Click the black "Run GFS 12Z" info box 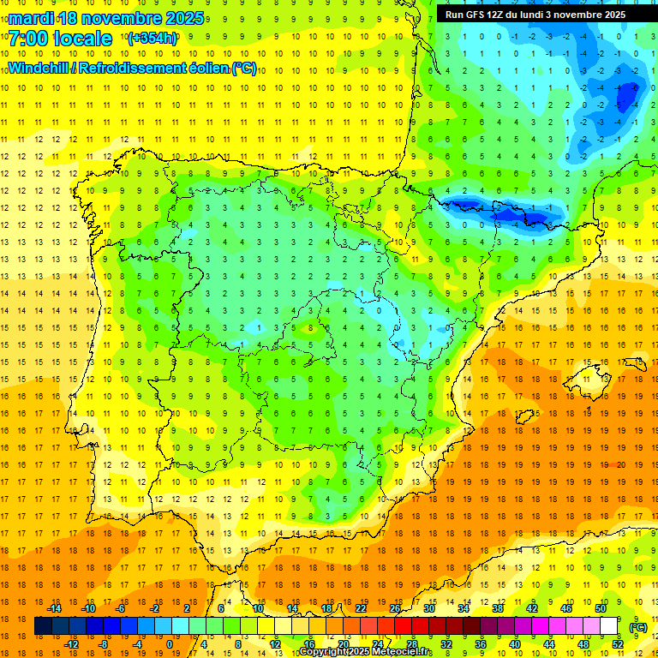[x=535, y=15]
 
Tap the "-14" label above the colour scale [x=55, y=608]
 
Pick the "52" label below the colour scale [x=618, y=644]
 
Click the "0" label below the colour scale [x=170, y=644]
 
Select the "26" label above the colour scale [x=395, y=608]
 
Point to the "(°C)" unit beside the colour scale [x=637, y=627]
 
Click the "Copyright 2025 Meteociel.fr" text [x=366, y=652]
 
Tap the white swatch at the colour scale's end [x=609, y=626]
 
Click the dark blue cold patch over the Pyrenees [x=497, y=210]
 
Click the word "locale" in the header [x=85, y=39]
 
